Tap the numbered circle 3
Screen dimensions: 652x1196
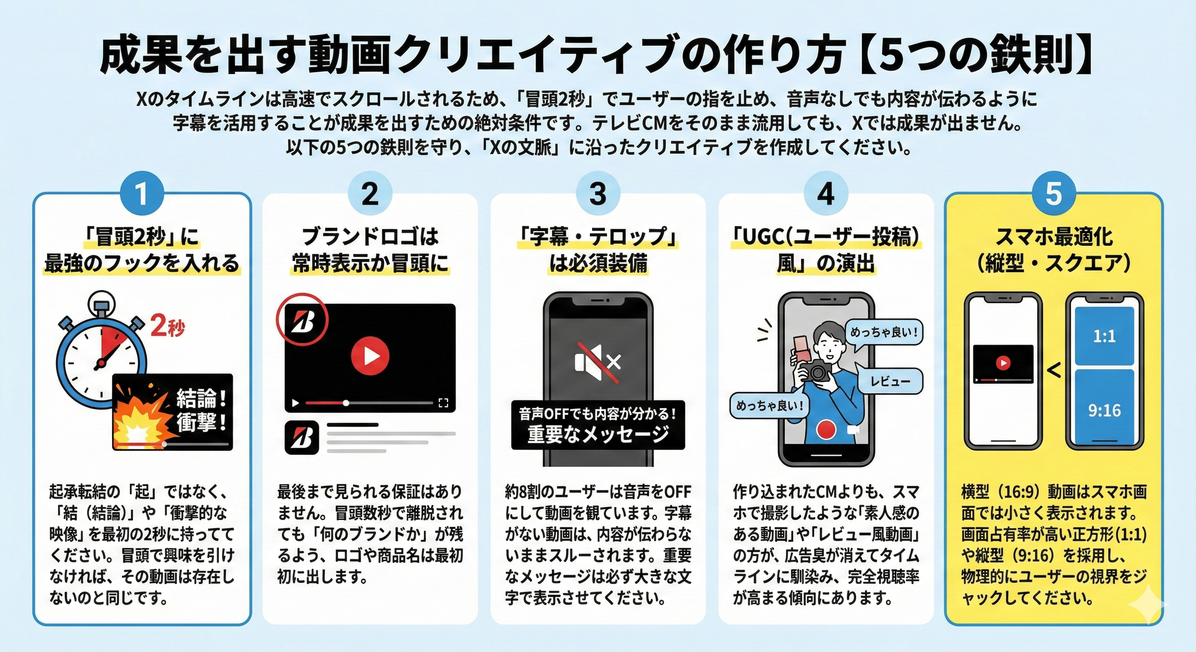click(x=598, y=193)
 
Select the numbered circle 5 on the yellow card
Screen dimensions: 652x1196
click(x=1053, y=193)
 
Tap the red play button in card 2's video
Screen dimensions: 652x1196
click(x=370, y=357)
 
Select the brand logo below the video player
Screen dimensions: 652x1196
click(x=302, y=437)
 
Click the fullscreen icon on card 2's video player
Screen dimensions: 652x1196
click(x=443, y=403)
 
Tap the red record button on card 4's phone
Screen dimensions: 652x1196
click(x=826, y=429)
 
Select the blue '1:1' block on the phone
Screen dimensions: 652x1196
click(x=1104, y=336)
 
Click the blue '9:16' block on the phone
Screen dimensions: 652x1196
click(x=1104, y=410)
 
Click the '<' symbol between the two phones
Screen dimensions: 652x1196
click(x=1054, y=370)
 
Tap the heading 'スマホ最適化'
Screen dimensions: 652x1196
click(x=1053, y=237)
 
